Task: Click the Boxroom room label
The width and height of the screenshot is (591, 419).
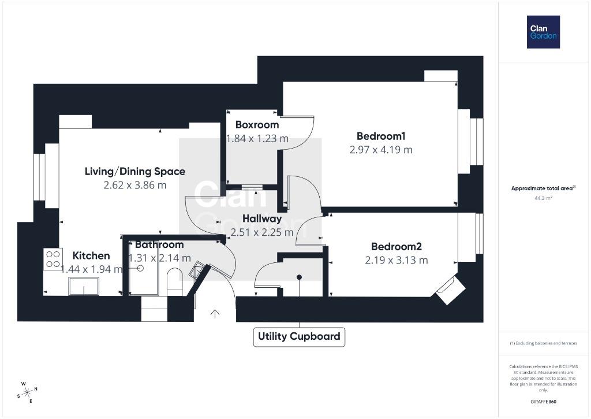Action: pos(257,125)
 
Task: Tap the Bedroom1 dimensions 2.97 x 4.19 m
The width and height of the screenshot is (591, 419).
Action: pos(381,150)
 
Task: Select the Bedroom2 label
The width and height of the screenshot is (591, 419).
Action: pos(397,247)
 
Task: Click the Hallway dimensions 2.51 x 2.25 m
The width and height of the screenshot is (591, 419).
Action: pos(262,232)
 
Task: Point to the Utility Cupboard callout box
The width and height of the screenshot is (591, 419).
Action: pos(300,337)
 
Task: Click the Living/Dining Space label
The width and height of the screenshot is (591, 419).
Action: pos(135,172)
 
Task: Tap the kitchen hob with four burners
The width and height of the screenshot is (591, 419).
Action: pos(53,259)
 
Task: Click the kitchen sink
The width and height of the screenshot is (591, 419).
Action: pos(84,287)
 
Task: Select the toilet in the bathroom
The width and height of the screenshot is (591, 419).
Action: pos(174,281)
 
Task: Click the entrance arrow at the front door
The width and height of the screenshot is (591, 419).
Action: pos(215,314)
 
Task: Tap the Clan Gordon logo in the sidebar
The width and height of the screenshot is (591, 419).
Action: pos(543,32)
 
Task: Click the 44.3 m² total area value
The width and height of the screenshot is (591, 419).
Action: pos(543,198)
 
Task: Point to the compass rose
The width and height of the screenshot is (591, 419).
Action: pos(27,392)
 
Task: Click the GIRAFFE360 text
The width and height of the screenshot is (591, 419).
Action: pos(543,402)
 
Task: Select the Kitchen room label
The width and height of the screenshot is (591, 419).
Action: pos(91,255)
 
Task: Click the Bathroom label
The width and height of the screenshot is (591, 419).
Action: pos(159,244)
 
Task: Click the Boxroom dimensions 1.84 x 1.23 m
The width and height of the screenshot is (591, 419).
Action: pos(257,139)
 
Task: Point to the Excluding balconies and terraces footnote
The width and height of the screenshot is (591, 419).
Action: pos(543,343)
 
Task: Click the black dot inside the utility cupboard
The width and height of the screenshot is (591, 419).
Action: pos(300,277)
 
